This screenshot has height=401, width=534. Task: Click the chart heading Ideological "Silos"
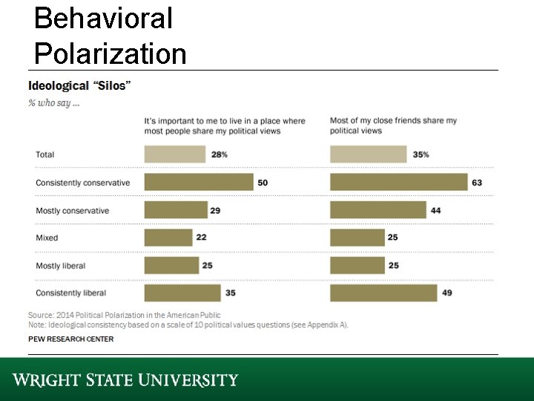click(x=79, y=85)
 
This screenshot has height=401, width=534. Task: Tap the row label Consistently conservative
click(x=82, y=183)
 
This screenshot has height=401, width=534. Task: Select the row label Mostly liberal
click(x=61, y=266)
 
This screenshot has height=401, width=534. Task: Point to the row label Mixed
click(x=47, y=238)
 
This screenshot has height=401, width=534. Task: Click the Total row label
click(x=45, y=154)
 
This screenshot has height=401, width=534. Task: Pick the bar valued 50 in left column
click(x=198, y=183)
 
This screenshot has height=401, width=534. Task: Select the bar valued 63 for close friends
click(x=398, y=183)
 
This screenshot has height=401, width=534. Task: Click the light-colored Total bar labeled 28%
click(x=174, y=154)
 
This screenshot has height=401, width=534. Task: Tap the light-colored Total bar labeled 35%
click(x=368, y=154)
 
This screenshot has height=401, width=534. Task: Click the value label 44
click(x=435, y=211)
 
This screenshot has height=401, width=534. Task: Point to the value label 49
click(x=446, y=293)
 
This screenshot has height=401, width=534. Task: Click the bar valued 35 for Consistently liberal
click(x=182, y=293)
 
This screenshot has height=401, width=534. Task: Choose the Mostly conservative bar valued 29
click(x=176, y=211)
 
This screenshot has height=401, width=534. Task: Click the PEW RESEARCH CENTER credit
click(x=71, y=339)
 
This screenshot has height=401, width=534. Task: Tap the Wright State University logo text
click(x=125, y=380)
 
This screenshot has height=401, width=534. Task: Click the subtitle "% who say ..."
click(x=54, y=103)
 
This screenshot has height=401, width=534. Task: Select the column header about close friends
click(x=393, y=125)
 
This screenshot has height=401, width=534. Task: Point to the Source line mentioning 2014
click(x=124, y=316)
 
